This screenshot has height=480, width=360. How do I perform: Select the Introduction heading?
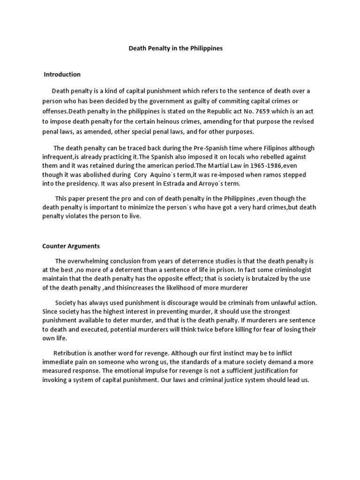(62, 75)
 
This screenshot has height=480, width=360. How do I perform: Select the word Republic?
(193, 112)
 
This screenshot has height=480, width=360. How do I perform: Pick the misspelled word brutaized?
(270, 279)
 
